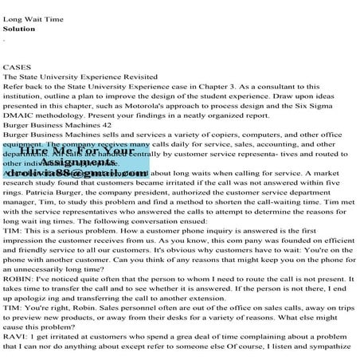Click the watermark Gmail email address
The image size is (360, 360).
[x=80, y=172]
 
